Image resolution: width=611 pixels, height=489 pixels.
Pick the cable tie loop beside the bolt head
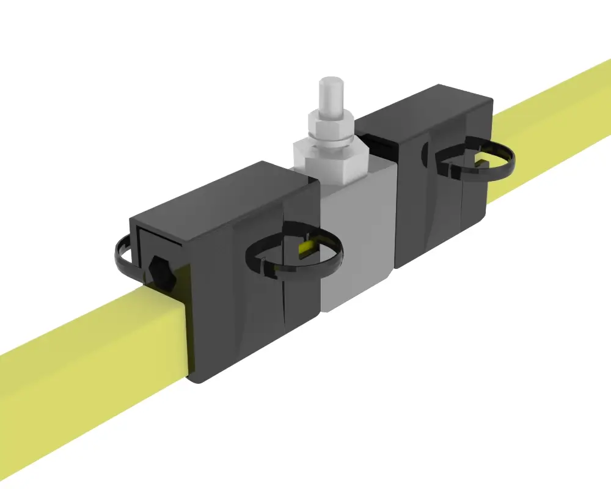[x=122, y=257]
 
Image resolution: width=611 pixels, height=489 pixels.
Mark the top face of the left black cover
[x=220, y=196]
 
